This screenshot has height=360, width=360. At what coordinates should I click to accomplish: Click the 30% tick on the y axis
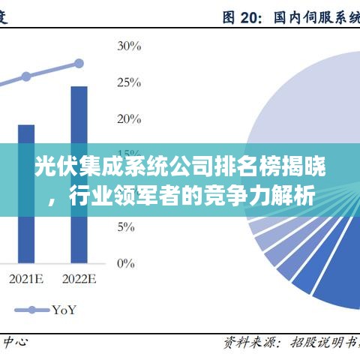click(x=129, y=46)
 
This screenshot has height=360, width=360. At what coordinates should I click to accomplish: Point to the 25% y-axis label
click(x=129, y=82)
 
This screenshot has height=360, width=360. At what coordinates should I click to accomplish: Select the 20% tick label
click(x=129, y=118)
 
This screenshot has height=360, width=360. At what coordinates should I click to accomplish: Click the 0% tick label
click(x=126, y=262)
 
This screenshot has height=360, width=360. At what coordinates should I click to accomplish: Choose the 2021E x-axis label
click(x=26, y=280)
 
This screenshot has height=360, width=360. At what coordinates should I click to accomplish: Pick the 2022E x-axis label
click(x=79, y=280)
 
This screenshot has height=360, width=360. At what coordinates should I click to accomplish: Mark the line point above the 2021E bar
click(x=26, y=76)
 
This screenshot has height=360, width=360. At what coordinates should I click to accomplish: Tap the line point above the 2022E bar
click(x=79, y=64)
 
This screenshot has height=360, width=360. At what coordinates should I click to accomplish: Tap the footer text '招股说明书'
click(x=323, y=343)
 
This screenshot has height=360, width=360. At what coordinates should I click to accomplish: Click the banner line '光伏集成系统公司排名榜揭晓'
click(x=180, y=166)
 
